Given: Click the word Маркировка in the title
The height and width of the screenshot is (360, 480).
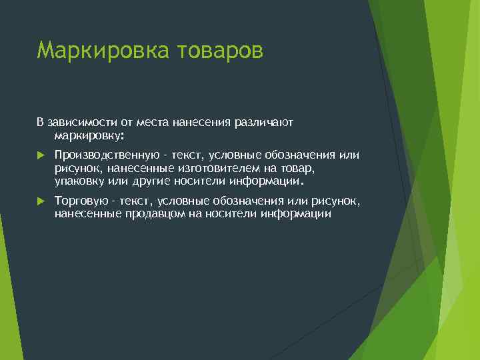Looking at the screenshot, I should pos(94,50).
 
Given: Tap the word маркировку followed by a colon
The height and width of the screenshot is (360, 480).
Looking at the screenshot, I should pos(87,135).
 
